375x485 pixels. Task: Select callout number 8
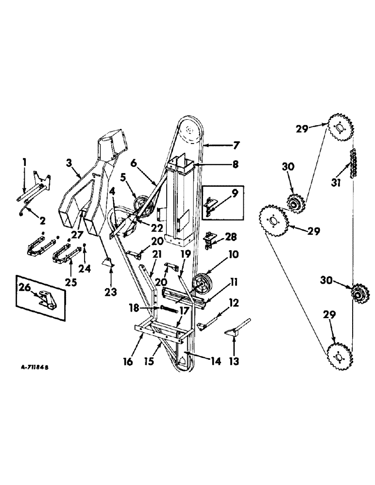[235, 164]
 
